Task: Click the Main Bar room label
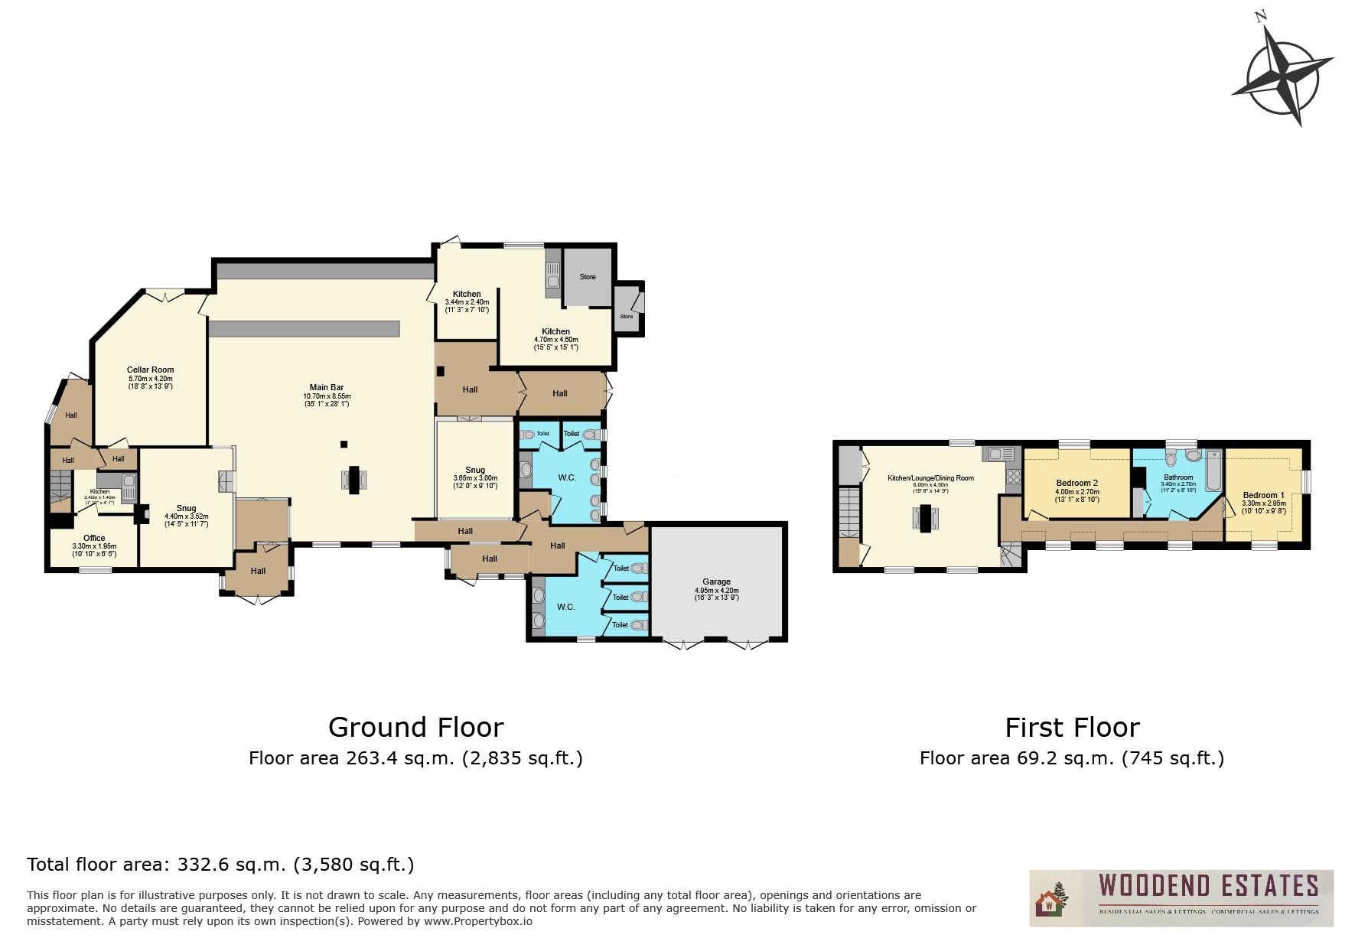(x=327, y=388)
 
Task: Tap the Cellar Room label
(x=150, y=370)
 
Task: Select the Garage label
(x=716, y=582)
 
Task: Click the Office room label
(x=94, y=539)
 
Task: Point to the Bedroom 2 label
(x=1077, y=484)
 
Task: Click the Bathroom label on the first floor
(x=1178, y=477)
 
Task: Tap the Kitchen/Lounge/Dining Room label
(x=930, y=478)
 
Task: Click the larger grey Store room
(x=587, y=276)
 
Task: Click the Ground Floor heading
(x=415, y=727)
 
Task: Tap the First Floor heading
(x=1072, y=727)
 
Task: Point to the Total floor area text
(x=220, y=865)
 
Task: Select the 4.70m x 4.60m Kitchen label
(x=556, y=332)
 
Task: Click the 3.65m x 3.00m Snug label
(x=474, y=471)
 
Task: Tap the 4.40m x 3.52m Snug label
(x=186, y=509)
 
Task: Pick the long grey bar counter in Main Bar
(x=304, y=329)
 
